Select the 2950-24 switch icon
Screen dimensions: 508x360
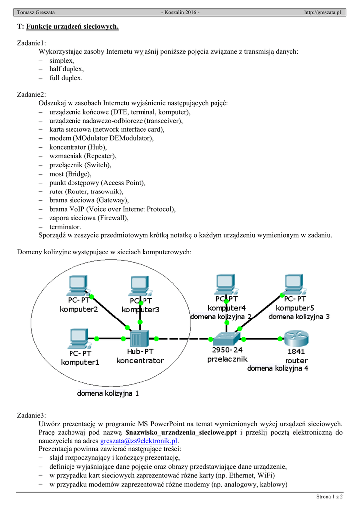(226, 339)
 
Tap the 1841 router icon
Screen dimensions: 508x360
(296, 339)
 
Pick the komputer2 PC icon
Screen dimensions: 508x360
(78, 285)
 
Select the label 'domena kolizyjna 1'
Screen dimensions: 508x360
(108, 394)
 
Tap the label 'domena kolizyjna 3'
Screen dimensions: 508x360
(299, 316)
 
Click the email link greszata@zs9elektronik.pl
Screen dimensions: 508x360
(139, 441)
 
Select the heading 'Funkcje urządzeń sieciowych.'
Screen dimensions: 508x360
(72, 26)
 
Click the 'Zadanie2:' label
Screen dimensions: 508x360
(32, 94)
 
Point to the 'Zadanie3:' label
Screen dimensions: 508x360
(32, 415)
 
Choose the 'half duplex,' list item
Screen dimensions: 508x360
(66, 69)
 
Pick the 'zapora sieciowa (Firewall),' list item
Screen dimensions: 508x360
(88, 218)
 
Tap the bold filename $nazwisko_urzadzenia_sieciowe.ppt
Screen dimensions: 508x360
(181, 432)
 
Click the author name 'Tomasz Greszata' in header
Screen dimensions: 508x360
(36, 12)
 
